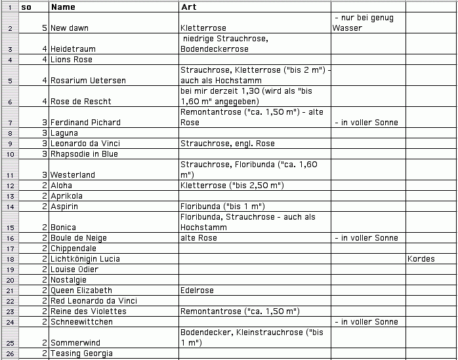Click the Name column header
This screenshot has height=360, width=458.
pyautogui.click(x=63, y=7)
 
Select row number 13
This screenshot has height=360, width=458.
pyautogui.click(x=9, y=196)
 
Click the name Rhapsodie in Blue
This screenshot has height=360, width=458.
pyautogui.click(x=85, y=154)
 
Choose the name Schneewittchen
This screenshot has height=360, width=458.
pyautogui.click(x=81, y=322)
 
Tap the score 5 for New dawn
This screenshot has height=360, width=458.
pyautogui.click(x=44, y=29)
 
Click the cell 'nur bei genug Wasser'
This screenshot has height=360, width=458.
pyautogui.click(x=364, y=23)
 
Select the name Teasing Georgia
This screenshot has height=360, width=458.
pyautogui.click(x=82, y=353)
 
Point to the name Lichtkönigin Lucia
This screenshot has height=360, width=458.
pyautogui.click(x=85, y=259)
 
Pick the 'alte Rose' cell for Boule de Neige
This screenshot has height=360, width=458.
pyautogui.click(x=198, y=238)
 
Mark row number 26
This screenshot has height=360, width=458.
pyautogui.click(x=9, y=353)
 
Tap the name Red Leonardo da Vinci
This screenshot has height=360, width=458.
pyautogui.click(x=94, y=301)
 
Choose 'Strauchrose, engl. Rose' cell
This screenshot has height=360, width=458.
pyautogui.click(x=227, y=144)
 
